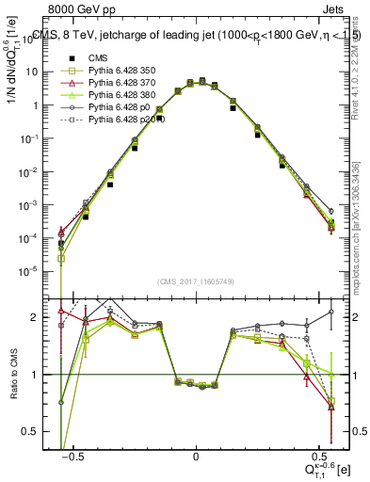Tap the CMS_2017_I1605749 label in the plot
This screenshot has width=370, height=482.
click(x=196, y=281)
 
